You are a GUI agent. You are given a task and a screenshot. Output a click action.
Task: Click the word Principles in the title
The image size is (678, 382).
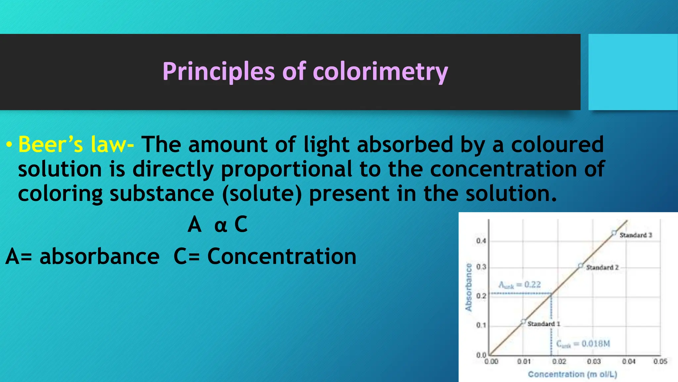coord(218,72)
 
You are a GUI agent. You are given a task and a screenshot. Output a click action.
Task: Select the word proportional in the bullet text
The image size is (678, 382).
coord(286,169)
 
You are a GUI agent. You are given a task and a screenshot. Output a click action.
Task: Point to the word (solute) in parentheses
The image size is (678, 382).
coord(262,194)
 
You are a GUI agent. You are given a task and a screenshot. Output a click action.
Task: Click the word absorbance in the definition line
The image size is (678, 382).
coord(99,256)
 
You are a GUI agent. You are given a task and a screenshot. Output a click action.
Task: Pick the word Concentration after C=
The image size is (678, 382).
coord(282,256)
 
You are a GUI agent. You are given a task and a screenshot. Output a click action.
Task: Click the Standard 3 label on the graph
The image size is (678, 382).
coord(636,235)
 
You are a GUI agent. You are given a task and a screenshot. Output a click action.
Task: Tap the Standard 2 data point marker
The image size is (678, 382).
coord(580,266)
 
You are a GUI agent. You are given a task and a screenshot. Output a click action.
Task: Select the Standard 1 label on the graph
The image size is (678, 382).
coord(544,324)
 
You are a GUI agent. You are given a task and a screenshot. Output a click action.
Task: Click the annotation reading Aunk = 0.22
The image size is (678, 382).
coord(519,285)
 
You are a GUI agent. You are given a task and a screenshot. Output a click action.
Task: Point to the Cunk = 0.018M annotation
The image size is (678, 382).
coord(583,344)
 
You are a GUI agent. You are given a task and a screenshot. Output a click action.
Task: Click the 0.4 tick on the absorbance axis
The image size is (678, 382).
coord(481,241)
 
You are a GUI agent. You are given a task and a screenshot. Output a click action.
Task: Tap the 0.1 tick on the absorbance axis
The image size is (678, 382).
coord(481,325)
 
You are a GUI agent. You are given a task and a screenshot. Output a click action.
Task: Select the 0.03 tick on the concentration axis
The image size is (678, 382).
coord(594,361)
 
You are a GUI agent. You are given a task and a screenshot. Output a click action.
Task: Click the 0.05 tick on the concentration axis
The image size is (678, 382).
coord(660,361)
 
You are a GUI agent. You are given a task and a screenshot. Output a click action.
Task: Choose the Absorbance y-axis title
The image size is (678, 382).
coord(468,287)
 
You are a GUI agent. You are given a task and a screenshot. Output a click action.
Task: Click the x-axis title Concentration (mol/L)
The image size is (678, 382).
coord(572,374)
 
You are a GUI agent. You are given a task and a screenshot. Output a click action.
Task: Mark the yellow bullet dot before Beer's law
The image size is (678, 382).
coord(9,145)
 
